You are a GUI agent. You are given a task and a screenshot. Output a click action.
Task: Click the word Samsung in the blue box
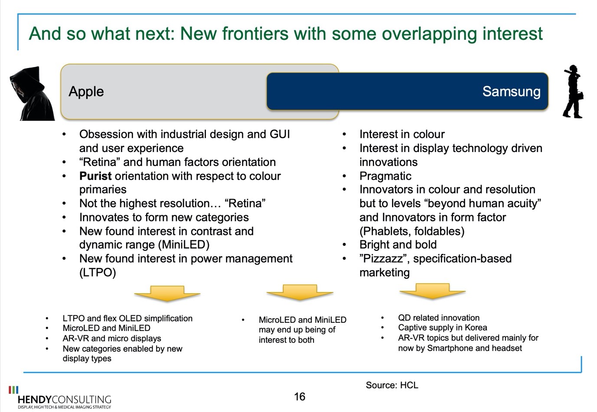[x=512, y=91]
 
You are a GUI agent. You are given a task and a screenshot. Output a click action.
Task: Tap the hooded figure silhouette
[x=32, y=94]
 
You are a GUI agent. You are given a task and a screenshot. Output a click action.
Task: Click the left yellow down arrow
[x=167, y=293]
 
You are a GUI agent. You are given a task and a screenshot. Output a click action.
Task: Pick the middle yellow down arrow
[x=300, y=292]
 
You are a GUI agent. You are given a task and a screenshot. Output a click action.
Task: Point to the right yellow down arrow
[x=433, y=291]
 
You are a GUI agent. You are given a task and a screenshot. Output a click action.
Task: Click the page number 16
[x=300, y=396]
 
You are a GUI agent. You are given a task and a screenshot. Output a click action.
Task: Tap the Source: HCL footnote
[x=392, y=385]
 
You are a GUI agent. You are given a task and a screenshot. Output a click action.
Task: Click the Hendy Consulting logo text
[x=64, y=399]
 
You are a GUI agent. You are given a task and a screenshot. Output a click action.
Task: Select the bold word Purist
[x=95, y=176]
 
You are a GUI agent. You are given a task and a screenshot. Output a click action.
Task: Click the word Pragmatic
[x=385, y=176]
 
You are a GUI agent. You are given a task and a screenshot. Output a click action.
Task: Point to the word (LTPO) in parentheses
[x=98, y=273]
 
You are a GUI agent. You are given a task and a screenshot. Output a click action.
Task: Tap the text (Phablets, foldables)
[x=412, y=231]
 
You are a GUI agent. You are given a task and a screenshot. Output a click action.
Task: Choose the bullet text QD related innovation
[x=439, y=318]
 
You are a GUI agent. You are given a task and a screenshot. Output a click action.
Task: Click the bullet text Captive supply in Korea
[x=442, y=328]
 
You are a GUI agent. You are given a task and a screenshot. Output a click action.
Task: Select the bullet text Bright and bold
[x=398, y=245]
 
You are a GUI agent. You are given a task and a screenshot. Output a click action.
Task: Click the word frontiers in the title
[x=255, y=33]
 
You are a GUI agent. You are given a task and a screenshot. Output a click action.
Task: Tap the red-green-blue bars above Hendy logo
[x=13, y=389]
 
